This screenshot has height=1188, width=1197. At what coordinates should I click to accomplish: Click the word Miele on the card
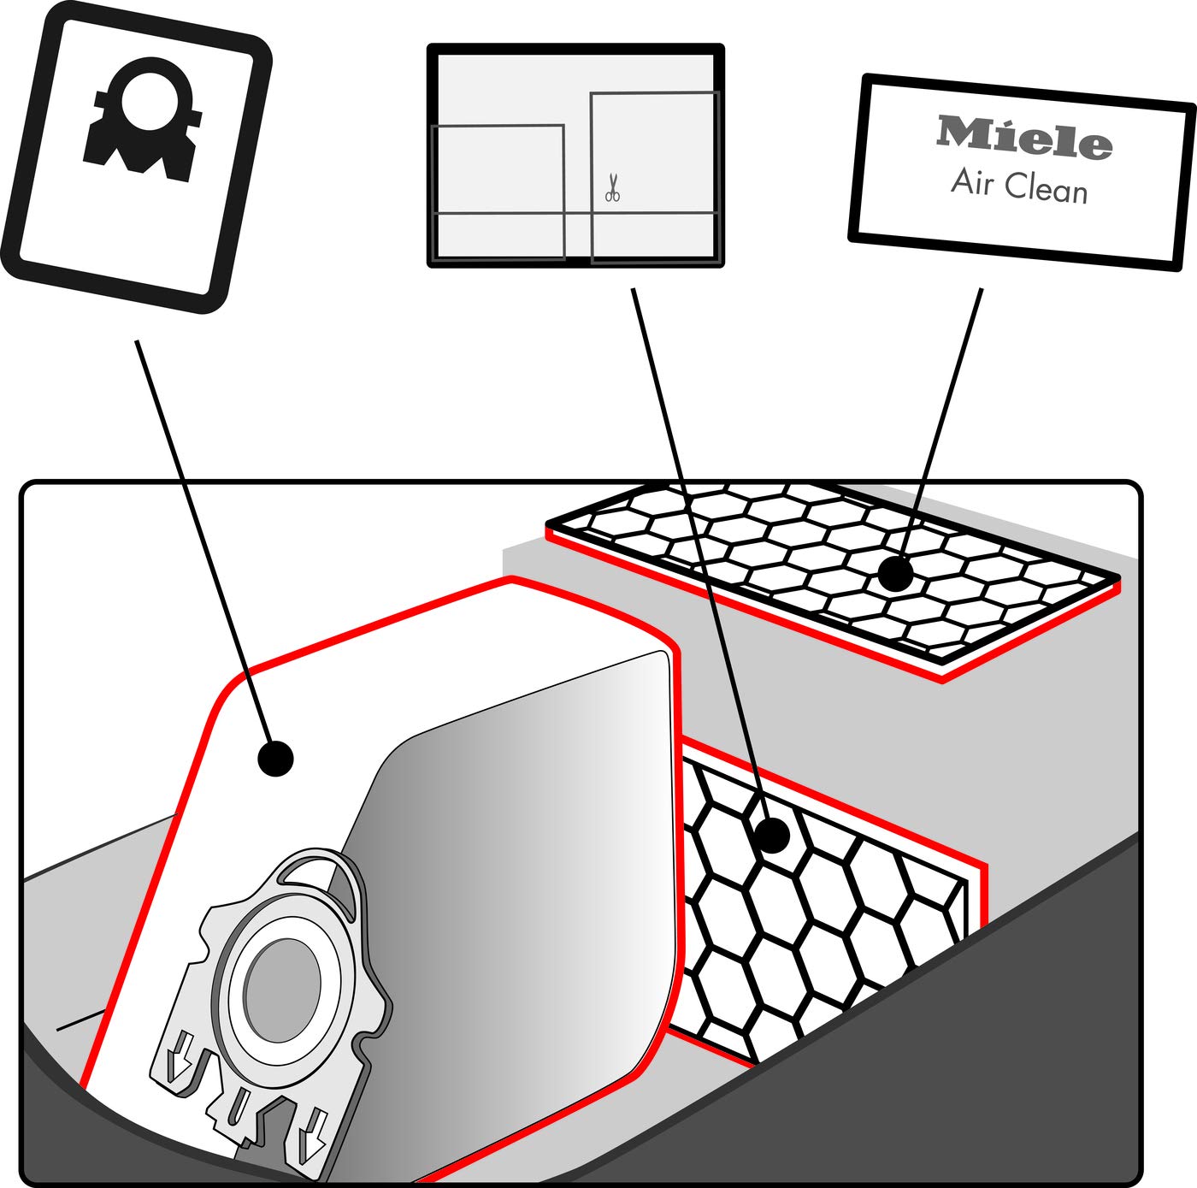(1024, 138)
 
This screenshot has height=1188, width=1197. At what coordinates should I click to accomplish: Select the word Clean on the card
(1046, 188)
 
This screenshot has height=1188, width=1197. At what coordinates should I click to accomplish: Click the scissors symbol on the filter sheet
(612, 188)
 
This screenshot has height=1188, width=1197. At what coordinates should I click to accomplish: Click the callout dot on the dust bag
(275, 758)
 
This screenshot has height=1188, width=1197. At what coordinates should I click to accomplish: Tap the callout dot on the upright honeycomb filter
(772, 835)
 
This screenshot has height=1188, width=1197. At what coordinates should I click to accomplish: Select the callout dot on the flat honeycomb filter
(894, 574)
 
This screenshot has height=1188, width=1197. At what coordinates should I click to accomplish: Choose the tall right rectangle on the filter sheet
(654, 175)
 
